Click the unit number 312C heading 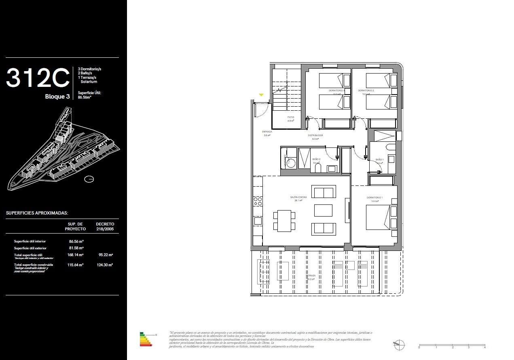click(x=38, y=78)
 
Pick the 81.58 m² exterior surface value click(x=76, y=248)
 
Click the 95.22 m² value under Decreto click(x=106, y=255)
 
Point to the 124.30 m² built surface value click(x=106, y=265)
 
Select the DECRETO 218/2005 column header click(x=105, y=226)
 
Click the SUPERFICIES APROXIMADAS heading click(x=37, y=213)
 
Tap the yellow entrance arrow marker click(x=261, y=95)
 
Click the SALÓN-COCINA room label click(x=298, y=197)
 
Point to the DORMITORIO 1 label click(x=374, y=198)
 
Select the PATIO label click(x=290, y=118)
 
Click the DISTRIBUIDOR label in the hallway click(x=315, y=135)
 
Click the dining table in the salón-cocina click(x=284, y=221)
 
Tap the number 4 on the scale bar click(x=484, y=347)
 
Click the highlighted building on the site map click(x=59, y=138)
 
